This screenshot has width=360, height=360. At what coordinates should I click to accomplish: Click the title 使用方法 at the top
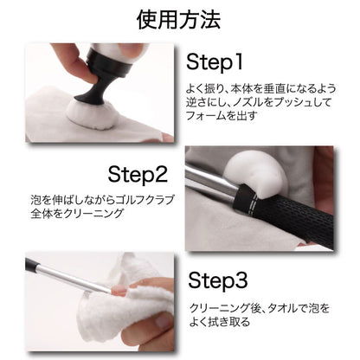[178, 20]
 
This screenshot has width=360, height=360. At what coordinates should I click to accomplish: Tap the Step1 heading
[215, 62]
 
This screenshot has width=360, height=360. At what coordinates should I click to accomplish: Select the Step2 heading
[138, 175]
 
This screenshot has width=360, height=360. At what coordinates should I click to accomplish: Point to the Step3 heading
[218, 280]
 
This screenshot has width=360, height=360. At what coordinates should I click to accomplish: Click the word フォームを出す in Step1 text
[222, 116]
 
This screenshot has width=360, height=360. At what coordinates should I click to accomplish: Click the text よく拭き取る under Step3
[220, 322]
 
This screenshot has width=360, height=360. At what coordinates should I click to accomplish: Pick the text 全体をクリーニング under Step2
[77, 214]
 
